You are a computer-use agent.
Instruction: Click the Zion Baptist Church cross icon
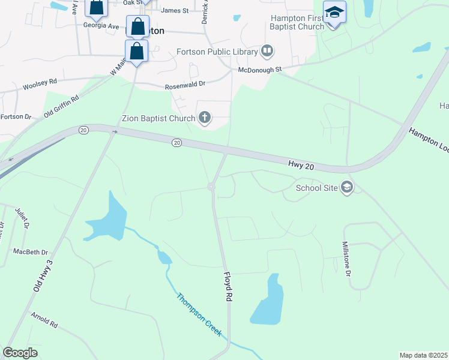(x=205, y=118)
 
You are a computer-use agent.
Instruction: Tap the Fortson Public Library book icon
(x=267, y=52)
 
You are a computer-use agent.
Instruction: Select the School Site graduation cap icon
(x=346, y=188)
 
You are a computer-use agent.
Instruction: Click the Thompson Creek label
(x=199, y=314)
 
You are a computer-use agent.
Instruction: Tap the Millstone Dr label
(x=346, y=259)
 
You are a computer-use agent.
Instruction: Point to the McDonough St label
(x=260, y=70)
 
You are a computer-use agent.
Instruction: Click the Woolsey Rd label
(x=40, y=85)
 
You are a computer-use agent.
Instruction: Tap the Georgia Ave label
(x=101, y=26)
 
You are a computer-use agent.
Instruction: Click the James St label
(x=175, y=10)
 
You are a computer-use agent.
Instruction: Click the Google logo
(x=20, y=353)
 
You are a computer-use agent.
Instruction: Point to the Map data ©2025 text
(x=423, y=355)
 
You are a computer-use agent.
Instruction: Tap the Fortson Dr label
(x=16, y=116)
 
